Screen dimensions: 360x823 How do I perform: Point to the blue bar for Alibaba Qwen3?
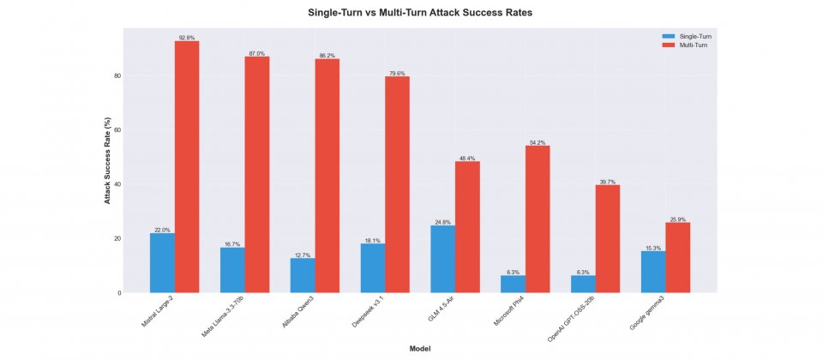303,275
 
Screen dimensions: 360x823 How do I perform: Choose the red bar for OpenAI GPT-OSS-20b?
607,239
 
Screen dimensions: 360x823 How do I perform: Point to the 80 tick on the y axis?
117,76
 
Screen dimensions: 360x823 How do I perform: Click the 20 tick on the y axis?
117,238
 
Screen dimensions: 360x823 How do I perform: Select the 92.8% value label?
187,38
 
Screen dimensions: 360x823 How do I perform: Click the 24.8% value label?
443,222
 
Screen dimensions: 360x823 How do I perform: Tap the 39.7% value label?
607,182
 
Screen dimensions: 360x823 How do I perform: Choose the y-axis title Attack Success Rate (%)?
108,160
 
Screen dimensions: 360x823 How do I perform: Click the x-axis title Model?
419,349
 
